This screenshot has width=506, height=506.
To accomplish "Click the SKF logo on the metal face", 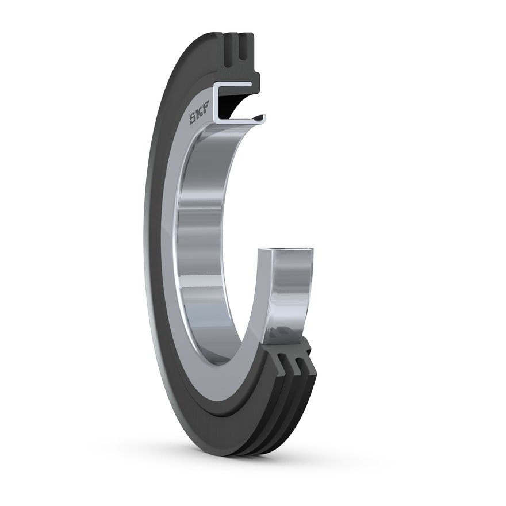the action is [x=199, y=113].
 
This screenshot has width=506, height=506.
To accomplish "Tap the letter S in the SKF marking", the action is [x=193, y=120].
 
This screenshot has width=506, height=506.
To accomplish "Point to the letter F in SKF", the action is [x=205, y=106].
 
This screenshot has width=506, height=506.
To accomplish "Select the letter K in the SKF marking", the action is [x=199, y=113].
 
